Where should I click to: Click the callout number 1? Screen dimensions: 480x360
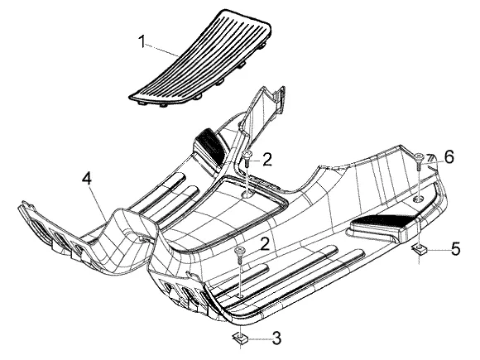pos(142,41)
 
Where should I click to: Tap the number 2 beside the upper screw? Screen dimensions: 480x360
pos(267,160)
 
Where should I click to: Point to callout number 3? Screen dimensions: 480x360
pos(276,338)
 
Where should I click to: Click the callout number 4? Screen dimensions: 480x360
pos(87,178)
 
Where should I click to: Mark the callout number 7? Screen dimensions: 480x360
pos(430,158)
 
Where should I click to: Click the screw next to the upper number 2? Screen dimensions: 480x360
pos(247,159)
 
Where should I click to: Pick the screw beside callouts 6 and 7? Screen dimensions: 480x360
pos(418,161)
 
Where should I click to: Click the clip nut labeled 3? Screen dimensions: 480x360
pos(240,338)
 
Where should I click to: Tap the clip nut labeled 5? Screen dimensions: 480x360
pos(419,249)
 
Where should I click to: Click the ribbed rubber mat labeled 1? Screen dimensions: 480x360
pos(201,59)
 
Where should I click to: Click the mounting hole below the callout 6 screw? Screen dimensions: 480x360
pos(419,199)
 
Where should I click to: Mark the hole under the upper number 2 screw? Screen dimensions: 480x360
pos(247,194)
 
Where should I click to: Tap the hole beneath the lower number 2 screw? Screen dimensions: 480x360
pos(240,296)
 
